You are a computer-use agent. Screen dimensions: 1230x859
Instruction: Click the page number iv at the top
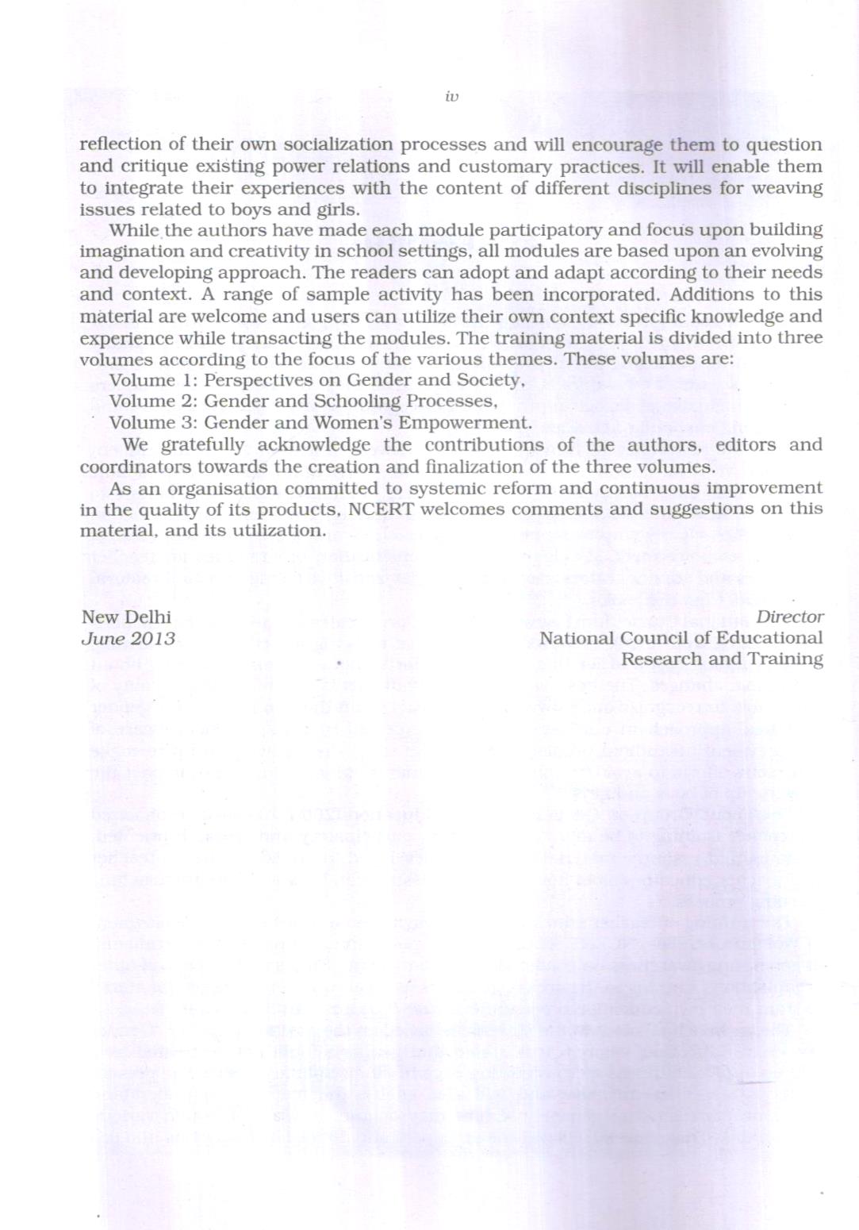(451, 97)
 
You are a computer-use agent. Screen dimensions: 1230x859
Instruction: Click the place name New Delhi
(126, 617)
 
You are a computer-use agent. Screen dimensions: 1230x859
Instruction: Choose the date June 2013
(128, 639)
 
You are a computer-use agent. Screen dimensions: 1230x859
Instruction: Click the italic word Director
(789, 617)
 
